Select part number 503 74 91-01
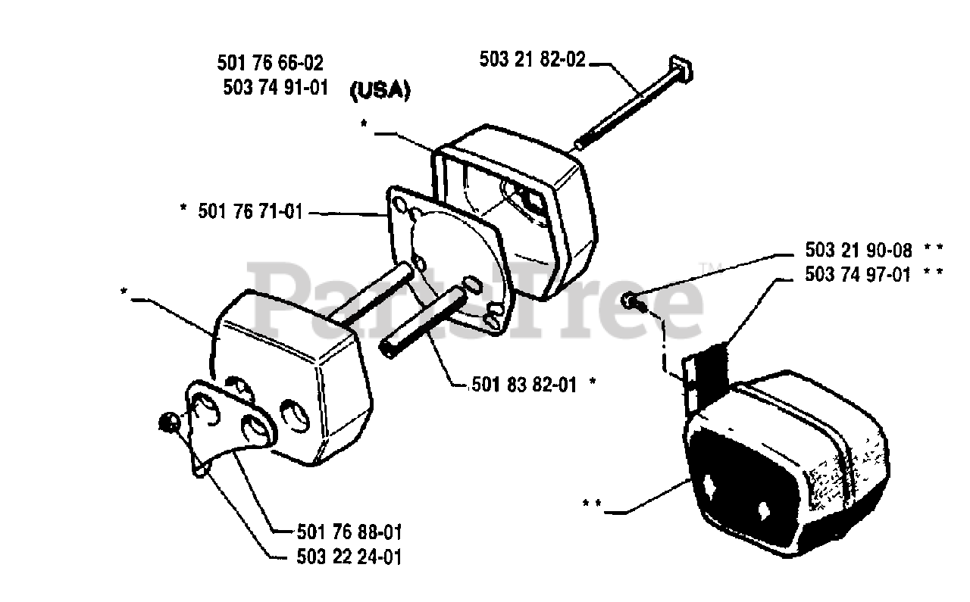[x=276, y=87]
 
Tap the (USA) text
[x=380, y=91]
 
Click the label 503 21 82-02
[x=533, y=60]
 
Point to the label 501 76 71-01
[x=250, y=213]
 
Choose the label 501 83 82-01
[x=523, y=385]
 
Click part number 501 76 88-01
[x=339, y=531]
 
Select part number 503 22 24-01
[x=339, y=557]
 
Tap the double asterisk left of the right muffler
[x=593, y=502]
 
